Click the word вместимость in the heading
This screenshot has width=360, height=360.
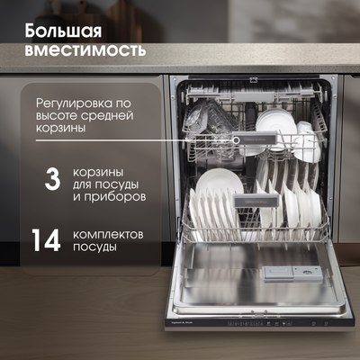point(85,49)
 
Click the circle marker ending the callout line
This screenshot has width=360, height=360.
point(236,139)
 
